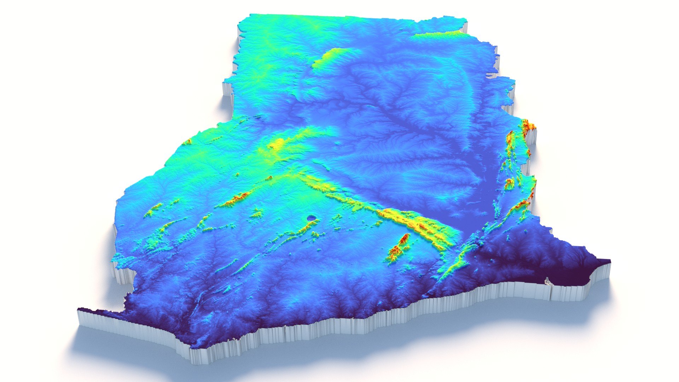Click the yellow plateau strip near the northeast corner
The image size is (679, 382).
click(439, 34)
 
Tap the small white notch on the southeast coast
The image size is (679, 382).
click(547, 281)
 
